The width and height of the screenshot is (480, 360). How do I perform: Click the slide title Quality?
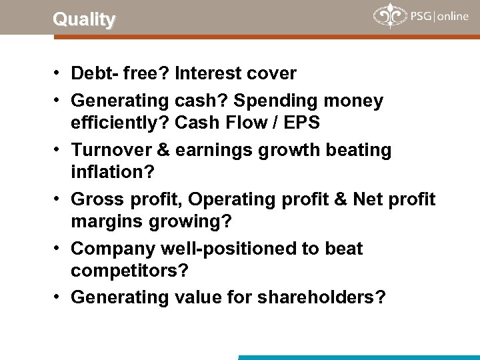pyautogui.click(x=84, y=19)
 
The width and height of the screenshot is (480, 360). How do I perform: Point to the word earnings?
pyautogui.click(x=211, y=150)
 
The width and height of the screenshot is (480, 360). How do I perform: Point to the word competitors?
pyautogui.click(x=129, y=270)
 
